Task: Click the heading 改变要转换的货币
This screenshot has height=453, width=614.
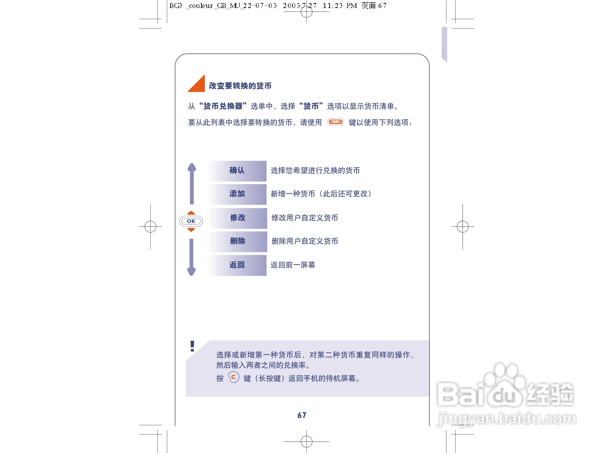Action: pyautogui.click(x=240, y=86)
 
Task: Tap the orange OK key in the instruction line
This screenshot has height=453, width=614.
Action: pyautogui.click(x=335, y=122)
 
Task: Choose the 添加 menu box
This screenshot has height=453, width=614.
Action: pyautogui.click(x=237, y=194)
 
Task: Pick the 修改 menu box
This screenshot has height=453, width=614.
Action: pyautogui.click(x=238, y=218)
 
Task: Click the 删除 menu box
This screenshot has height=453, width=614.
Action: pyautogui.click(x=238, y=241)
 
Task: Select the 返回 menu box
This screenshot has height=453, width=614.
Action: pyautogui.click(x=237, y=265)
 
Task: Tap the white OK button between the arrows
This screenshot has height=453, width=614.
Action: pyautogui.click(x=191, y=221)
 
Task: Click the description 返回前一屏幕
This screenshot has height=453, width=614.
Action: pyautogui.click(x=293, y=265)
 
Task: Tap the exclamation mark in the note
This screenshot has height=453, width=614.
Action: pyautogui.click(x=192, y=346)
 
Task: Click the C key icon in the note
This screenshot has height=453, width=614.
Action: pyautogui.click(x=233, y=378)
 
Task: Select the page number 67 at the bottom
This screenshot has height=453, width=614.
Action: pyautogui.click(x=302, y=415)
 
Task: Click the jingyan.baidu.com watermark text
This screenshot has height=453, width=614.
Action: pyautogui.click(x=507, y=419)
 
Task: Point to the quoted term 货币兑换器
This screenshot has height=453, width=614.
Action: pyautogui.click(x=223, y=106)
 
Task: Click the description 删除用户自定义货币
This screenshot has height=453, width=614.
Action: pyautogui.click(x=305, y=241)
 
